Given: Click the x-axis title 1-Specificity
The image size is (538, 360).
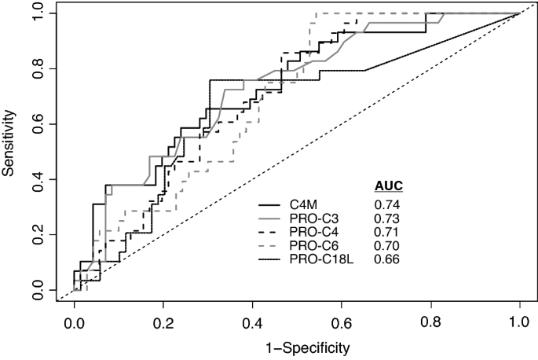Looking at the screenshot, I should coord(297,346).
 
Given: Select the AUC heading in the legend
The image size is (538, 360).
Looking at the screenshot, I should coord(388,186).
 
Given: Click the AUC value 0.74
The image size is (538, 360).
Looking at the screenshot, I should coord(386,205).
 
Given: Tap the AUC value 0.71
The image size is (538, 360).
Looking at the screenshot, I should coord(386,233).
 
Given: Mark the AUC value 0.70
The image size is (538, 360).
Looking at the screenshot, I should coord(386,246).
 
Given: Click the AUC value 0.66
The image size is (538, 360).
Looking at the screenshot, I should coord(386,259).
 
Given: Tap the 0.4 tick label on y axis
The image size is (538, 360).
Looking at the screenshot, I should coord(37,179).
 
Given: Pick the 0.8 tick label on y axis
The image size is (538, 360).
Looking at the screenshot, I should coord(37,68).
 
